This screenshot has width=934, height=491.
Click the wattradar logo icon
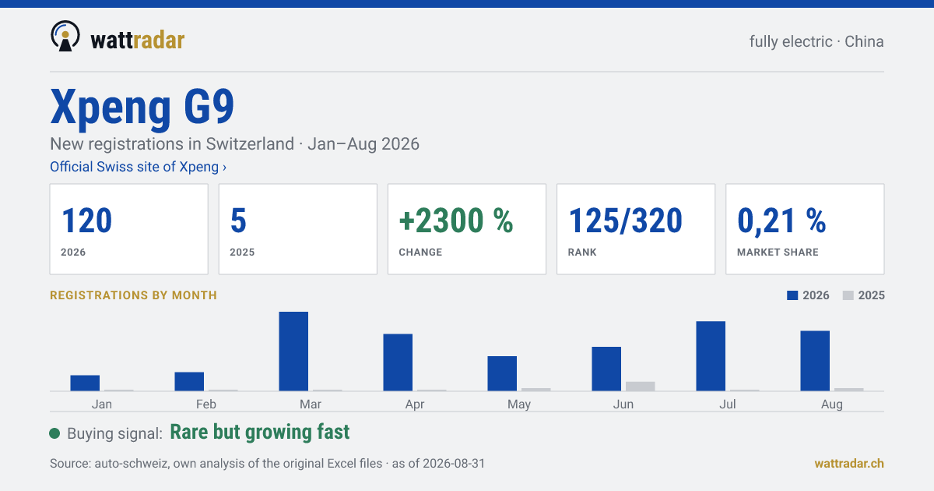tap(65, 36)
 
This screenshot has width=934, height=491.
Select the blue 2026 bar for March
tap(293, 351)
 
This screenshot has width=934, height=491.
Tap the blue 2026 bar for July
tap(711, 355)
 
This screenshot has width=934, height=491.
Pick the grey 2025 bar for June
tap(640, 387)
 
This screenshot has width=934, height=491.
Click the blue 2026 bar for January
tap(85, 383)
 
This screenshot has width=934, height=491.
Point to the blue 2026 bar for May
tap(502, 373)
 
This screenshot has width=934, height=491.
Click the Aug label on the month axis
tap(832, 404)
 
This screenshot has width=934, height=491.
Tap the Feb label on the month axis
tap(206, 404)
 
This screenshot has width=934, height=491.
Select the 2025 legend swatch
tap(848, 295)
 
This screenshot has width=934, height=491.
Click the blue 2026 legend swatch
tap(792, 295)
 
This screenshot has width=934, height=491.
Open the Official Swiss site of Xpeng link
tap(138, 167)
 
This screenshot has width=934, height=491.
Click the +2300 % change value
tap(456, 221)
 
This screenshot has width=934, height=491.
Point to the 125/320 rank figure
tap(625, 221)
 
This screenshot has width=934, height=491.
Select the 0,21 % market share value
tap(781, 221)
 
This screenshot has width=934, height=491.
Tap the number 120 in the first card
tap(86, 221)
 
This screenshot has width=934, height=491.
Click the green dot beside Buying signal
tap(54, 433)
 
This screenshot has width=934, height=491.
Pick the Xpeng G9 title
tap(142, 108)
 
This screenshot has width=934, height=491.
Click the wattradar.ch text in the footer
tap(849, 464)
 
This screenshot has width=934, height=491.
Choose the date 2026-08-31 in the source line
tap(454, 464)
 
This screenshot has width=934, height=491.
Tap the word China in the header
tap(864, 42)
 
